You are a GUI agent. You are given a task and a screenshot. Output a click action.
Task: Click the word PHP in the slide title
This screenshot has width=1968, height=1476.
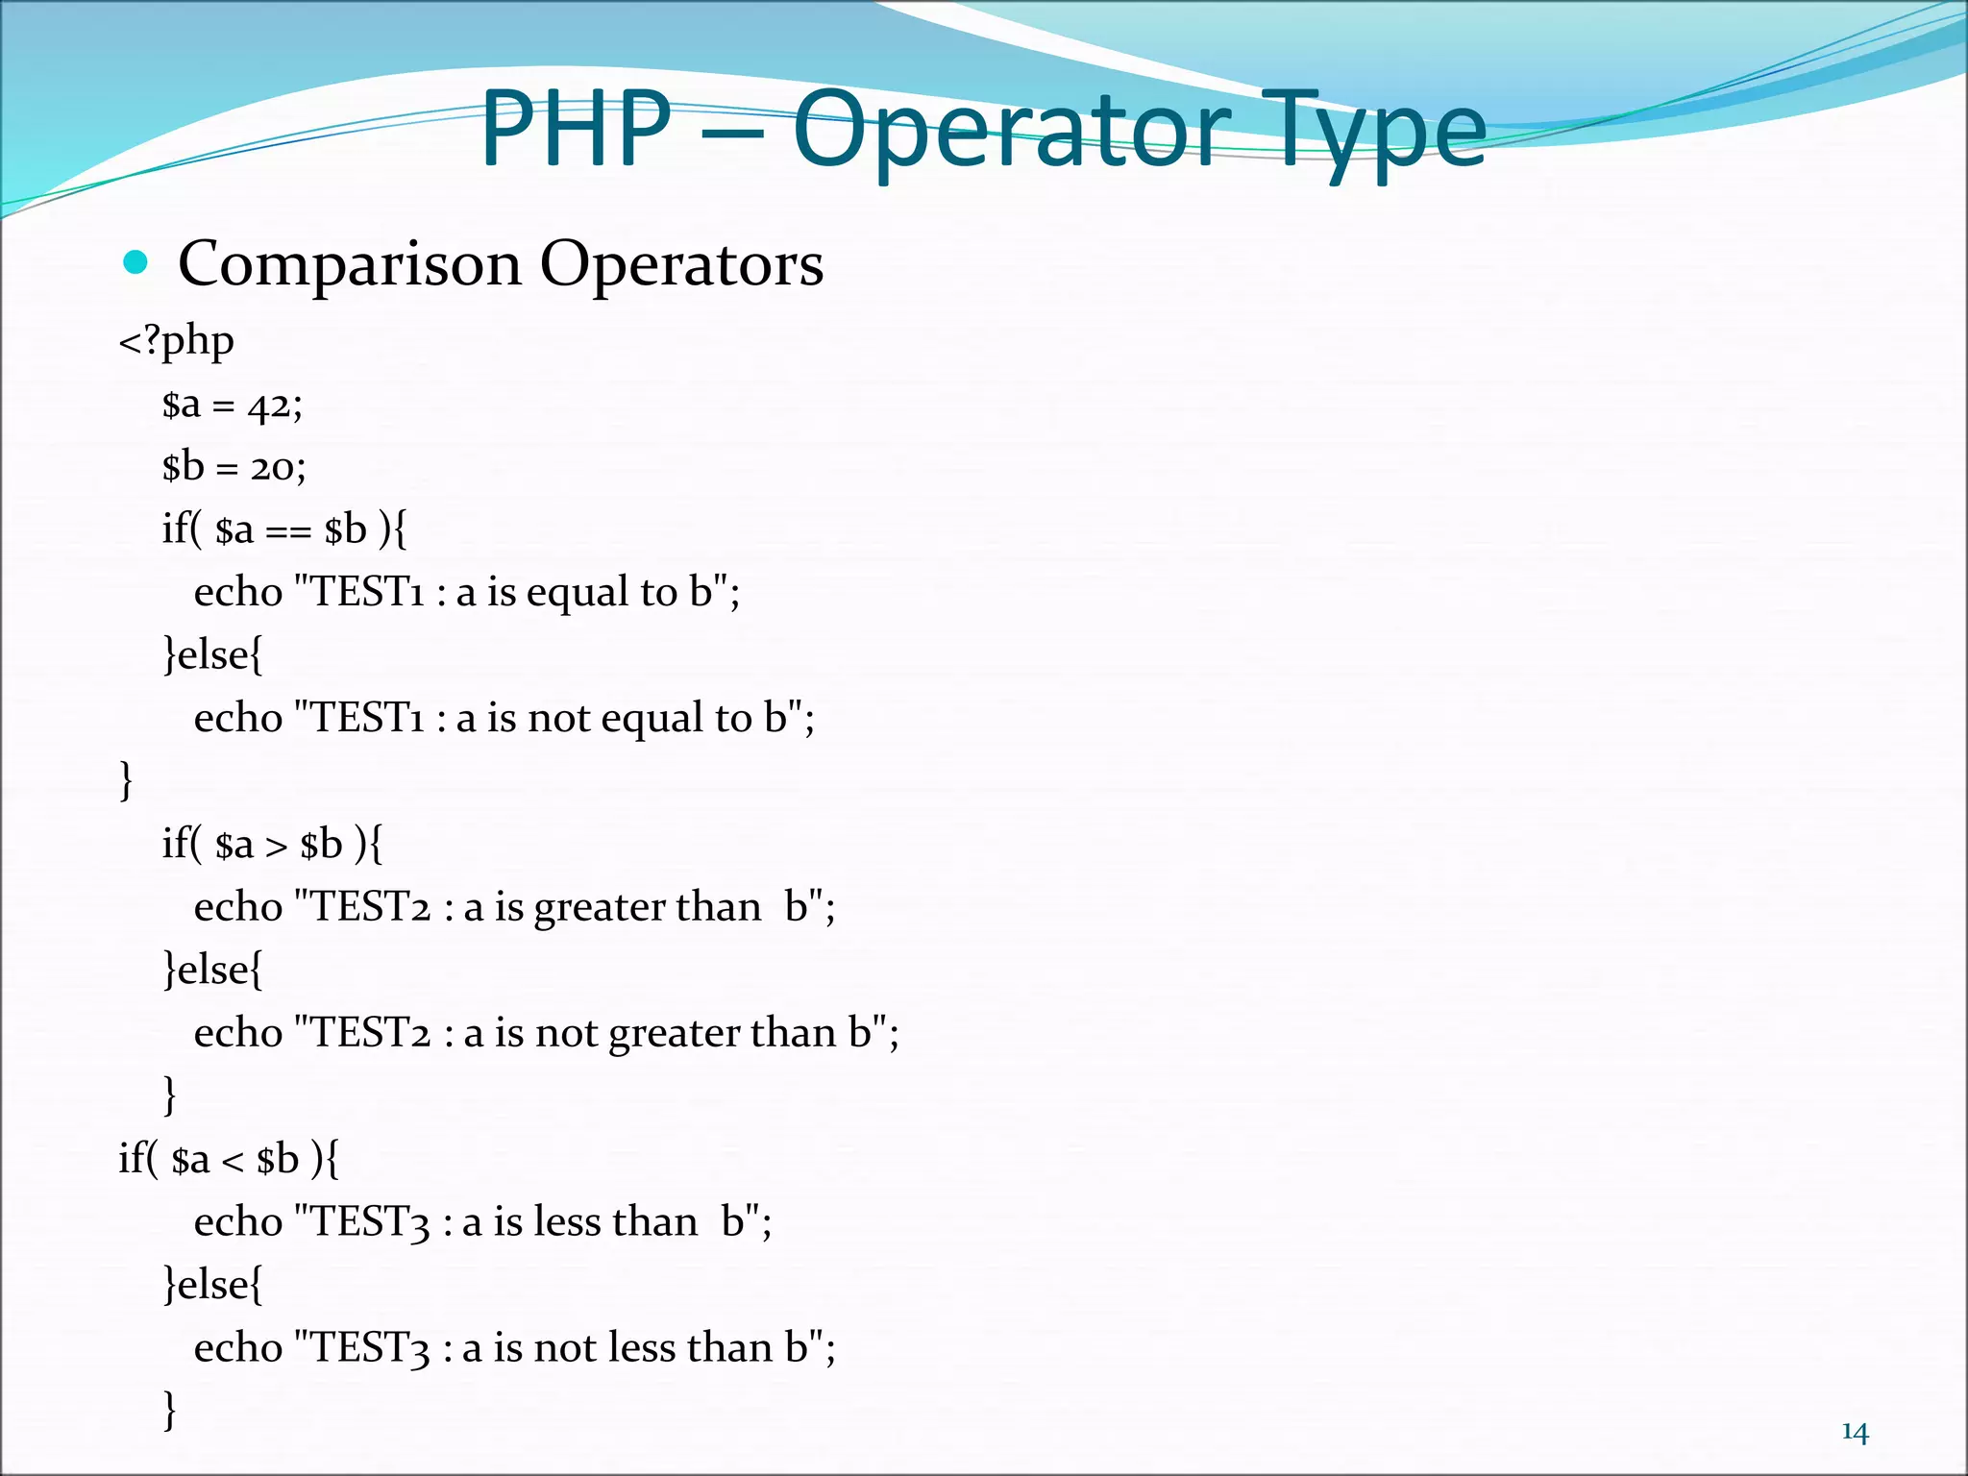tap(575, 130)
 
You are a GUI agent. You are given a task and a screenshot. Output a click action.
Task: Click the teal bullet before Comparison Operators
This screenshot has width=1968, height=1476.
tap(135, 262)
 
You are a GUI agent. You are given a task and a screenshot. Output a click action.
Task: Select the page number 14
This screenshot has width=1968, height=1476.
tap(1855, 1433)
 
